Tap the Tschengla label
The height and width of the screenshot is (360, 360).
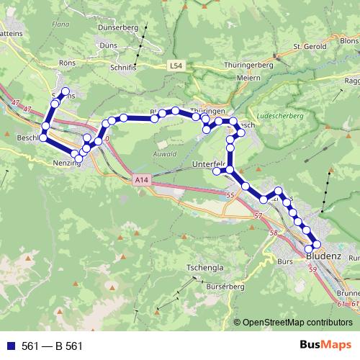click(205, 267)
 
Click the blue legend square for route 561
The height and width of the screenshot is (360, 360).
click(10, 346)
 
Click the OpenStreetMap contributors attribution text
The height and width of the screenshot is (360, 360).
click(297, 323)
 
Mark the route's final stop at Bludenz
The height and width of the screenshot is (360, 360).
click(317, 245)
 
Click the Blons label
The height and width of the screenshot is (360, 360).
click(347, 42)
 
